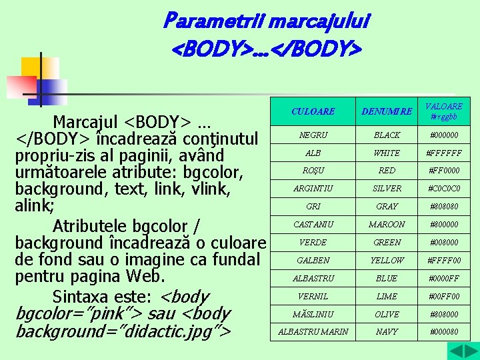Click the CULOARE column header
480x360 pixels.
tap(313, 111)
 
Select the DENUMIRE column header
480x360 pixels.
tap(387, 111)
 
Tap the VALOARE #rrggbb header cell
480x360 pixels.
tap(444, 111)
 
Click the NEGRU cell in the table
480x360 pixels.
tap(313, 135)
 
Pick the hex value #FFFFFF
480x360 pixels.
tap(444, 153)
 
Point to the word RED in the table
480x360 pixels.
tap(387, 171)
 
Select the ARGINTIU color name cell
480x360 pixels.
tap(313, 189)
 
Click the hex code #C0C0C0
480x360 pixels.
tap(444, 189)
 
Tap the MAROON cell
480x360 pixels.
tap(387, 225)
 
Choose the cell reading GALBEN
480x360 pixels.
tap(313, 261)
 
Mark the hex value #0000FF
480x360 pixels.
tap(444, 279)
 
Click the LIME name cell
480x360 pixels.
tap(387, 297)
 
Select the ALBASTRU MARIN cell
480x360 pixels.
tap(313, 332)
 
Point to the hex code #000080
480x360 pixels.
tap(444, 332)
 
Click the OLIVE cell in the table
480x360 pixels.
tap(387, 314)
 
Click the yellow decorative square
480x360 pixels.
tap(39, 68)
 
